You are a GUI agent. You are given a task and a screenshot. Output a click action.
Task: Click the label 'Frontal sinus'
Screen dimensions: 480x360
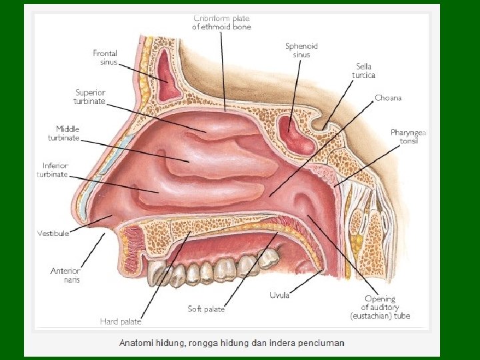point(105,57)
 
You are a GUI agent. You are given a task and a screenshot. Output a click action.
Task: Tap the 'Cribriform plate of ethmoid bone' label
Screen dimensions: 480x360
point(221,22)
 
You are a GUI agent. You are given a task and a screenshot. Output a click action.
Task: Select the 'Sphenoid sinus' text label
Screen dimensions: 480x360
point(301,50)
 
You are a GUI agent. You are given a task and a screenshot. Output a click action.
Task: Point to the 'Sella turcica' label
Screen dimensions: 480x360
point(364,71)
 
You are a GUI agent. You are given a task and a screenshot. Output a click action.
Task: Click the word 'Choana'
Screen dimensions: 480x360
point(388,98)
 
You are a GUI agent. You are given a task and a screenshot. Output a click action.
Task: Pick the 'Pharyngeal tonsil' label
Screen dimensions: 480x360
point(409,137)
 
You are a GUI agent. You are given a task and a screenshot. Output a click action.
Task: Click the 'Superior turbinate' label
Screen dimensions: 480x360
point(90,97)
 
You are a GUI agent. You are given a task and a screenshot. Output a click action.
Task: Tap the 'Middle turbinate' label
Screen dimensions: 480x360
point(64,133)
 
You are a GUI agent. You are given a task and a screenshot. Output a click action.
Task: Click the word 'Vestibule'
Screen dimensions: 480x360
point(53,233)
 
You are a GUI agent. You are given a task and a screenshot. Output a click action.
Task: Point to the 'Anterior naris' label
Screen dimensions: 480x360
point(65,275)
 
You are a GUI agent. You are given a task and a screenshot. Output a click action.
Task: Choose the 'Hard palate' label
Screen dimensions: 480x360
point(121,321)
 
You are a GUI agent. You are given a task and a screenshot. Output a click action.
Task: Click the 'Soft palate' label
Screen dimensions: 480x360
point(206,309)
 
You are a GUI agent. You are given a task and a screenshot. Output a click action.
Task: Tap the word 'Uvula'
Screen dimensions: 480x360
point(279,295)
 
